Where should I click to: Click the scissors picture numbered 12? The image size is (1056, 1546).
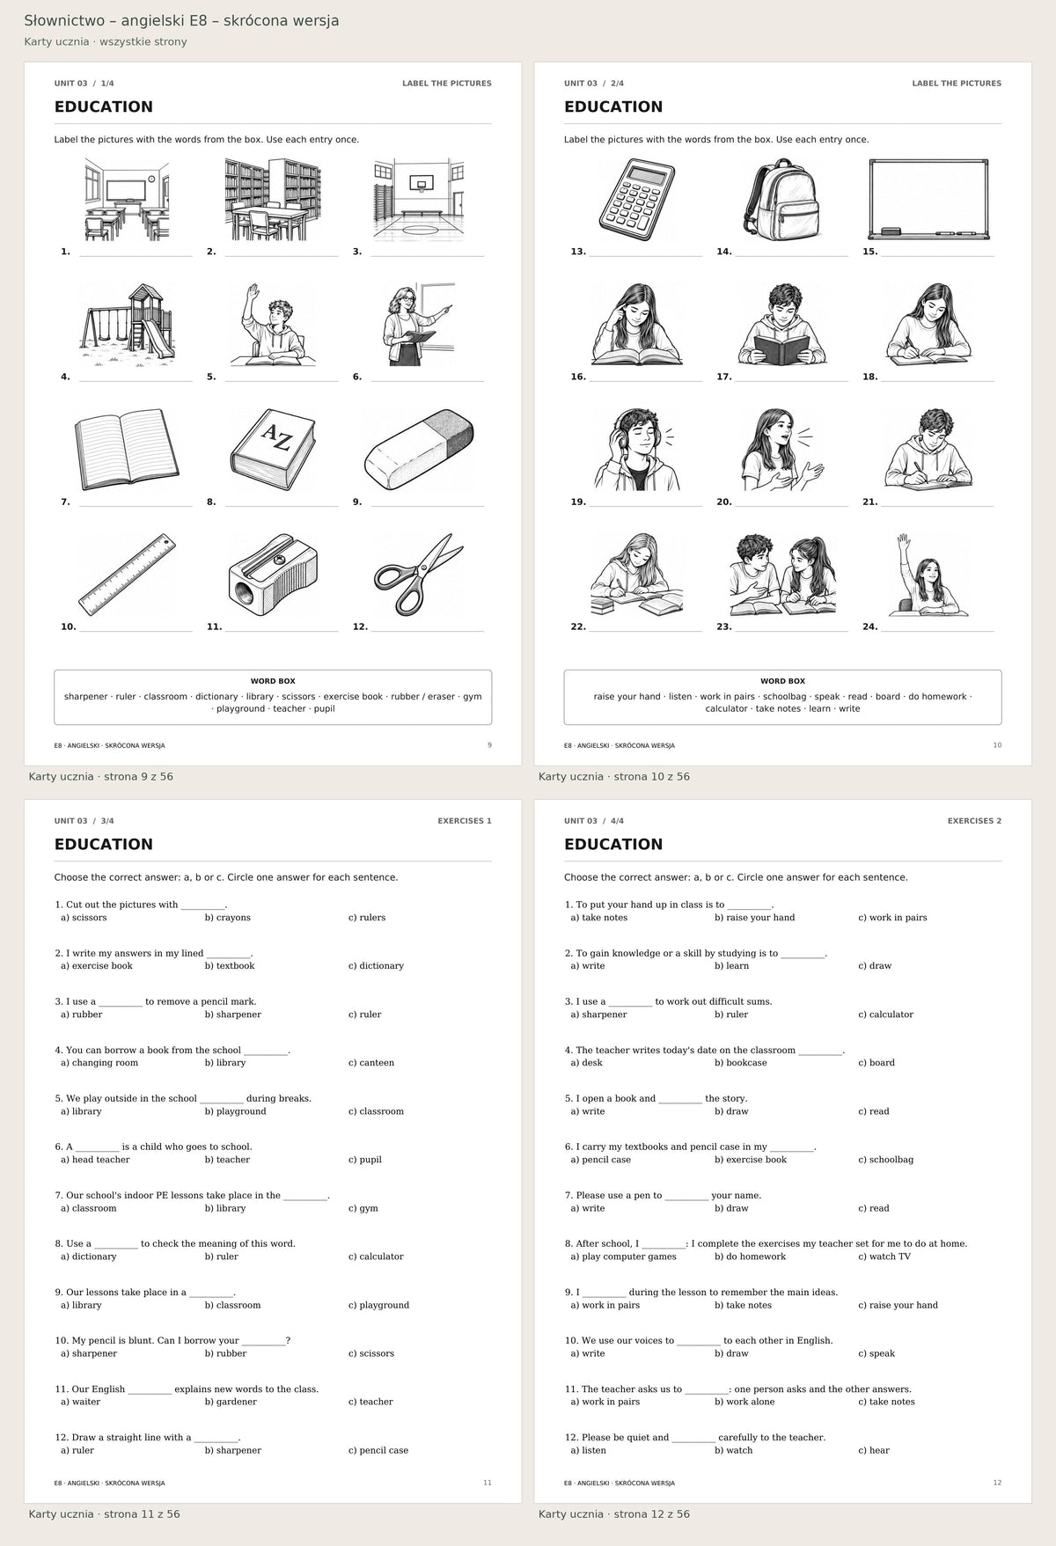click(x=419, y=574)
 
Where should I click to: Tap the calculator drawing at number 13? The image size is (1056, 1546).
click(x=637, y=200)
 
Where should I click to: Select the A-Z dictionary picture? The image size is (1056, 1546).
click(x=273, y=450)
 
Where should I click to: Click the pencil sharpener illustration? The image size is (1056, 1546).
click(x=273, y=574)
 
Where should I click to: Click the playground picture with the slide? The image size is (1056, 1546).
click(x=127, y=325)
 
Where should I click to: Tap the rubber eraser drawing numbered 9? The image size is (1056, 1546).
click(x=419, y=450)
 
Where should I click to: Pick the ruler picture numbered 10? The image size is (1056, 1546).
click(x=127, y=574)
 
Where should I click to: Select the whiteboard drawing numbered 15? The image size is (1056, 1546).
click(x=928, y=200)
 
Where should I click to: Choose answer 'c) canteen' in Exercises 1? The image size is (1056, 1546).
click(x=371, y=1063)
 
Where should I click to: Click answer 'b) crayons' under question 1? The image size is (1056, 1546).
click(x=228, y=918)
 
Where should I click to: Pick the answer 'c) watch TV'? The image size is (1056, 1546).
click(x=884, y=1257)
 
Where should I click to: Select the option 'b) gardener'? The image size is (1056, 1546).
click(x=231, y=1402)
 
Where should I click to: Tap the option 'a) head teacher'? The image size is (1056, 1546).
click(x=95, y=1160)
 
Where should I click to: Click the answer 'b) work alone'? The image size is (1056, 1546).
click(x=744, y=1402)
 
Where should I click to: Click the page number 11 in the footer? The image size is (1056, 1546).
click(x=488, y=1483)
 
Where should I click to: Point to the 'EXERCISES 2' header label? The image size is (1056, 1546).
click(x=974, y=821)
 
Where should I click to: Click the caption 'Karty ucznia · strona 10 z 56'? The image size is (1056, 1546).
click(x=614, y=777)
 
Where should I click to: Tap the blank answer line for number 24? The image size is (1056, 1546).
click(x=937, y=631)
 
